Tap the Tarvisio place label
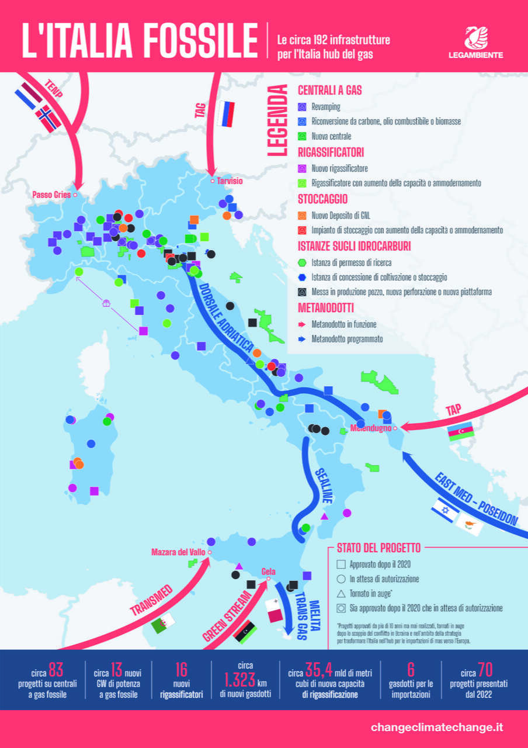pyautogui.click(x=230, y=181)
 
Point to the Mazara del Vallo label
pyautogui.click(x=178, y=552)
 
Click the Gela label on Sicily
pyautogui.click(x=269, y=572)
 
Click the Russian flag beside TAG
pyautogui.click(x=225, y=114)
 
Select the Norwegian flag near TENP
pyautogui.click(x=47, y=117)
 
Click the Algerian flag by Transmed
pyautogui.click(x=164, y=624)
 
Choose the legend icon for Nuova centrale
pyautogui.click(x=302, y=136)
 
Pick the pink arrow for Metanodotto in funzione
pyautogui.click(x=302, y=324)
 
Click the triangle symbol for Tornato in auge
pyautogui.click(x=341, y=593)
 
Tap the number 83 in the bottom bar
pyautogui.click(x=56, y=668)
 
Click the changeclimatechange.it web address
pyautogui.click(x=436, y=728)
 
